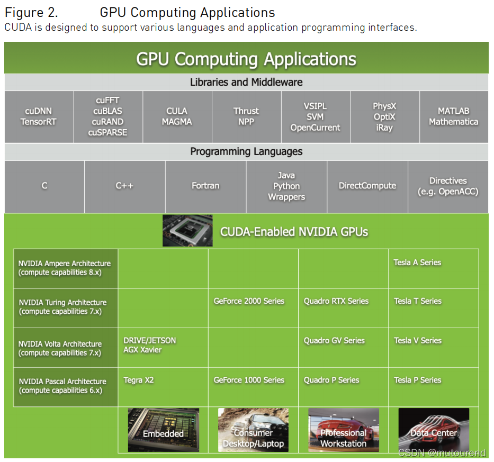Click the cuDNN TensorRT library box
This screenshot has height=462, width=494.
click(39, 116)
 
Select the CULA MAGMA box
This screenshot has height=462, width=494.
click(177, 116)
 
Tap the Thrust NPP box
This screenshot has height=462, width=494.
click(246, 116)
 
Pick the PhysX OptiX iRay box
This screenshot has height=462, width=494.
click(384, 116)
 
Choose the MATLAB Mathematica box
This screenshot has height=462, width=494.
click(454, 116)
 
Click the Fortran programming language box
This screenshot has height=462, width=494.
click(205, 186)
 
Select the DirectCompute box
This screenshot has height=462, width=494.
click(367, 186)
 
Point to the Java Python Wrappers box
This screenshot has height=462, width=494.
click(286, 186)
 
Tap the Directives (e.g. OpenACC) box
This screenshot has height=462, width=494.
click(448, 186)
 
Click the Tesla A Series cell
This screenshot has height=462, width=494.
click(433, 268)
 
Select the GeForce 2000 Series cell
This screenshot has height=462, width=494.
click(253, 307)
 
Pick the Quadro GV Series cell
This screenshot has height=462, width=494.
click(343, 347)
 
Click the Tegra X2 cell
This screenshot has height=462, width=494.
click(163, 387)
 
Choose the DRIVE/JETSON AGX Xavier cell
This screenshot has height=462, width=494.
click(163, 347)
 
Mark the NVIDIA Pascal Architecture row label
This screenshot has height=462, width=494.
click(66, 387)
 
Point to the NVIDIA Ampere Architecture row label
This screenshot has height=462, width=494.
click(66, 268)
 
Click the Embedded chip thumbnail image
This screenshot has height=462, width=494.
click(164, 430)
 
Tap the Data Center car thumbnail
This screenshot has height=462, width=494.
click(434, 430)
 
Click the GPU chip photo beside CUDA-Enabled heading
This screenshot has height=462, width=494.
click(187, 231)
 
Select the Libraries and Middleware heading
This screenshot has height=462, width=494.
click(246, 82)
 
